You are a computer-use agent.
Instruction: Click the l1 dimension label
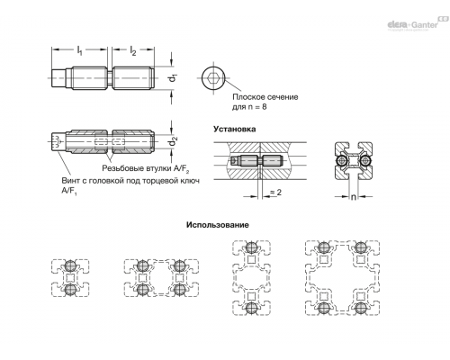click(79, 50)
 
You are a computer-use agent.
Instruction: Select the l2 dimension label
click(133, 50)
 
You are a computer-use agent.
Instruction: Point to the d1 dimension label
click(173, 77)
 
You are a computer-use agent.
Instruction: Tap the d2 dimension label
click(173, 141)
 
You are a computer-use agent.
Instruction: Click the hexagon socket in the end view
click(213, 78)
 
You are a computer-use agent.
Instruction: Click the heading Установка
click(235, 129)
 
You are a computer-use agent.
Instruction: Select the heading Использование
click(218, 225)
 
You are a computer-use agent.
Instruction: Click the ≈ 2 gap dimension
click(275, 192)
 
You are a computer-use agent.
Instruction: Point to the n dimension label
click(354, 197)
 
